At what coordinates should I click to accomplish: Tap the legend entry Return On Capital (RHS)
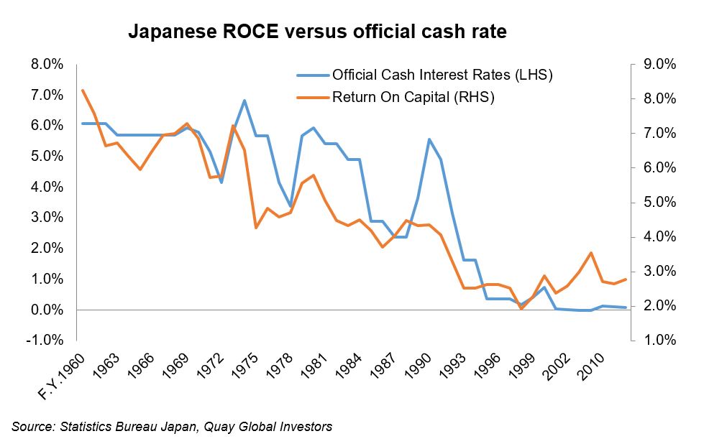click(x=413, y=98)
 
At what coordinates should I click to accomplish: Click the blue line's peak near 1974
click(x=245, y=101)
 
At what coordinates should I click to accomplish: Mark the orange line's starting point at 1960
click(x=83, y=91)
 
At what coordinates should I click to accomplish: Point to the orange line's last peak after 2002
click(x=591, y=253)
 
